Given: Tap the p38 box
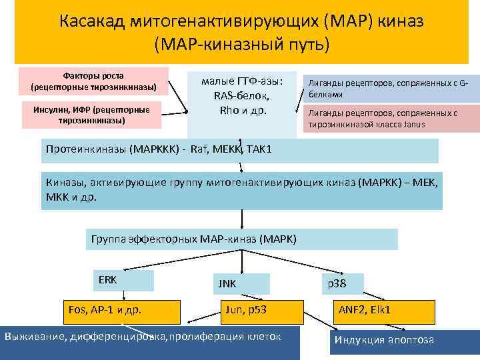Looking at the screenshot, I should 343,283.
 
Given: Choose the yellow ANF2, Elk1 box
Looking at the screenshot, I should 384,311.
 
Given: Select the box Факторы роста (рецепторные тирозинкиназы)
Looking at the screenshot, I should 93,81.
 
